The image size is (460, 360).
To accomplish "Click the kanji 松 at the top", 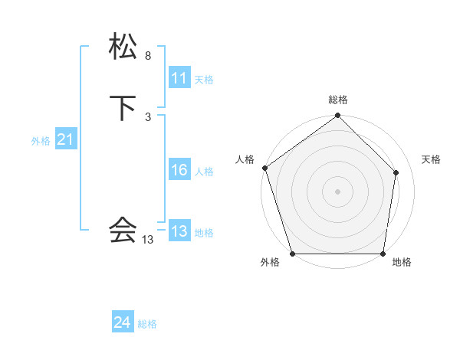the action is point(123,47).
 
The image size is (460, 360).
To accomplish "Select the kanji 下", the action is point(123,109).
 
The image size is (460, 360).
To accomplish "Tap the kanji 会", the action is point(123,229).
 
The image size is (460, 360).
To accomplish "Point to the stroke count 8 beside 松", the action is point(147,56).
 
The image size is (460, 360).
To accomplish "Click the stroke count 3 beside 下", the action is point(147,117).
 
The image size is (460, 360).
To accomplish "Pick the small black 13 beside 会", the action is point(147,240).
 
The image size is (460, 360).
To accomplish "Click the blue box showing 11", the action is point(179,78).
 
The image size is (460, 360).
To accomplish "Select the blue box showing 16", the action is point(179,170).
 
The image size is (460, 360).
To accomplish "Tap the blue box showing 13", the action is point(179,231).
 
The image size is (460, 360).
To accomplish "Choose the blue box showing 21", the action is point(65,139).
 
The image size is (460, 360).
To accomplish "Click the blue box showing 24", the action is point(122,323).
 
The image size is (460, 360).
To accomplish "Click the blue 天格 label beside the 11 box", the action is point(204,80).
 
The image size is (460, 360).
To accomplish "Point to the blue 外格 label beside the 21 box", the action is point(41,141).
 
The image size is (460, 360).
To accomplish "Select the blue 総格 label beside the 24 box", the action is point(147,325).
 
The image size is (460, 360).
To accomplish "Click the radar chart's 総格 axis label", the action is point(338,100).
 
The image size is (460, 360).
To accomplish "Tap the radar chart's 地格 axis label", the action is point(402,262).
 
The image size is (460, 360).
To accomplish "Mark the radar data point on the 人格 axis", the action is point(265,169).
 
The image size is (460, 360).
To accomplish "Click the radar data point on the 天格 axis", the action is point(396,172).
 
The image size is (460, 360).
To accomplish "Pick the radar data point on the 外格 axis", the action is point(293,254).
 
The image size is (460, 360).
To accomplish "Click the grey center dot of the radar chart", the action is point(338,191).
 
